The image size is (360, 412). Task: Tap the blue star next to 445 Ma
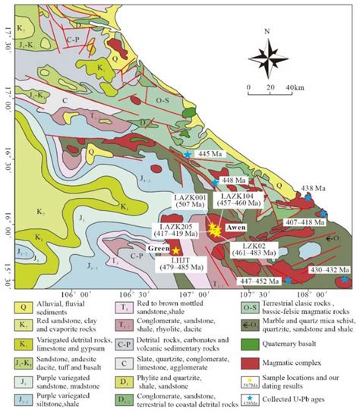click(x=188, y=155)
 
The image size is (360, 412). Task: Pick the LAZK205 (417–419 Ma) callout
click(x=175, y=229)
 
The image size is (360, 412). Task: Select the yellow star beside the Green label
click(x=176, y=250)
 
